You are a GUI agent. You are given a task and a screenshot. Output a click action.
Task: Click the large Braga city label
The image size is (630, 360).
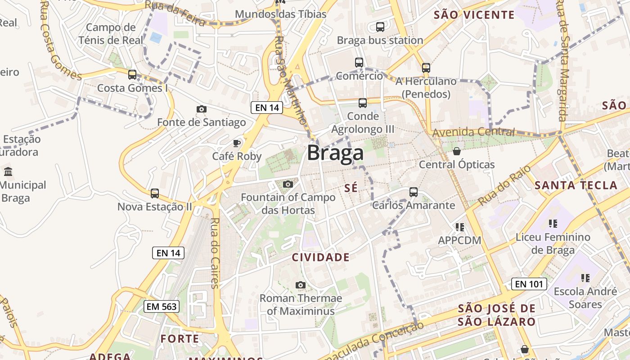coord(335,153)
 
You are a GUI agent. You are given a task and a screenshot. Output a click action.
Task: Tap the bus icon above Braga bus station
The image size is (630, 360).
coord(380,27)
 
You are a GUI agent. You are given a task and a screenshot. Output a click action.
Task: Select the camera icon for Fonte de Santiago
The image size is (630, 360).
coord(202,109)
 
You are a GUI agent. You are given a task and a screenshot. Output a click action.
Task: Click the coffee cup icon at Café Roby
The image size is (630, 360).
coord(236,144)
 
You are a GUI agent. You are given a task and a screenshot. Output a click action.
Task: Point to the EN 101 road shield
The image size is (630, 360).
coord(529,284)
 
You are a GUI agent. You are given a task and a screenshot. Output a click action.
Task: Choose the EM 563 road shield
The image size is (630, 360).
coord(162,306)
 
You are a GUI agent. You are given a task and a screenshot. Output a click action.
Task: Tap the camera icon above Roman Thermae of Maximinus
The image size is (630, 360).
coord(301,285)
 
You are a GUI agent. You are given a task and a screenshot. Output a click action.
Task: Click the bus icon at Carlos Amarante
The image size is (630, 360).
coord(414,192)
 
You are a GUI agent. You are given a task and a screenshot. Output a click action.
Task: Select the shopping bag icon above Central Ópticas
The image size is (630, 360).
coord(457,151)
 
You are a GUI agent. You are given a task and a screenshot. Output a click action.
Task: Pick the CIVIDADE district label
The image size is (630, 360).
coord(320,257)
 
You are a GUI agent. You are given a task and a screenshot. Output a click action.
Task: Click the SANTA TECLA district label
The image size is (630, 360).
coord(576,185)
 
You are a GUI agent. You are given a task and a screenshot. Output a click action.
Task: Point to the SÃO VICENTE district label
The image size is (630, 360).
coord(474,15)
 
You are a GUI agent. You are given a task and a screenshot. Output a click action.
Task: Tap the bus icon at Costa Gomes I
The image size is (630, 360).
coord(132,75)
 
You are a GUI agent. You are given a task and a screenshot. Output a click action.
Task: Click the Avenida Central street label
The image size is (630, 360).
coord(473,132)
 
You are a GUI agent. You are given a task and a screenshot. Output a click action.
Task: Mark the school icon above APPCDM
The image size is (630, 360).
coord(459,227)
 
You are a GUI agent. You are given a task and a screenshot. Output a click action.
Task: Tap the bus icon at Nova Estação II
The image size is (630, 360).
coord(155,193)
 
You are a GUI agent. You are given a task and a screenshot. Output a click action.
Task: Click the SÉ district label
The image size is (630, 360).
coord(351,188)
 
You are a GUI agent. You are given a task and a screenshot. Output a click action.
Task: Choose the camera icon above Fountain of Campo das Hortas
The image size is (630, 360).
coord(288,184)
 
